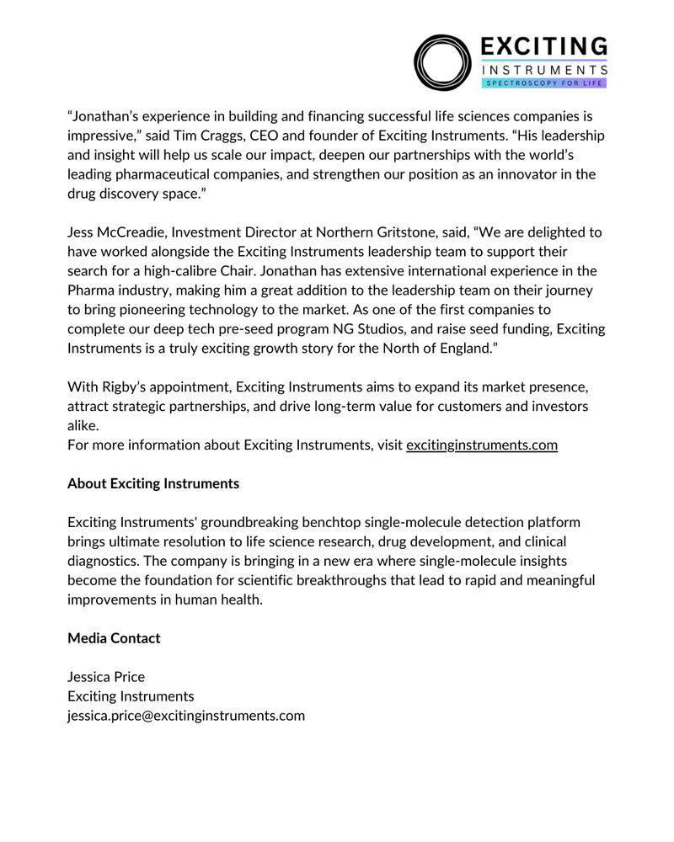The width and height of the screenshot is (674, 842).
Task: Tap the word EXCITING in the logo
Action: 543,46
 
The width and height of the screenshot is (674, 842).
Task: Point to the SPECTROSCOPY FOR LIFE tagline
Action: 543,83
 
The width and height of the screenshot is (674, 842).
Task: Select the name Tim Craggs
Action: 228,136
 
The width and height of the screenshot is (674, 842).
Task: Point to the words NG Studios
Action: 401,329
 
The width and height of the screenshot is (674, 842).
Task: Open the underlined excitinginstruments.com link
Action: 481,445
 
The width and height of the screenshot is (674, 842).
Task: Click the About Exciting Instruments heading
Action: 153,484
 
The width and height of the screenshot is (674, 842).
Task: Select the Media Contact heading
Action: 114,638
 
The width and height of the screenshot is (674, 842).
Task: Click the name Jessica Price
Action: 106,677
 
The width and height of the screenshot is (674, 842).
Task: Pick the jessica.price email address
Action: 185,716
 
